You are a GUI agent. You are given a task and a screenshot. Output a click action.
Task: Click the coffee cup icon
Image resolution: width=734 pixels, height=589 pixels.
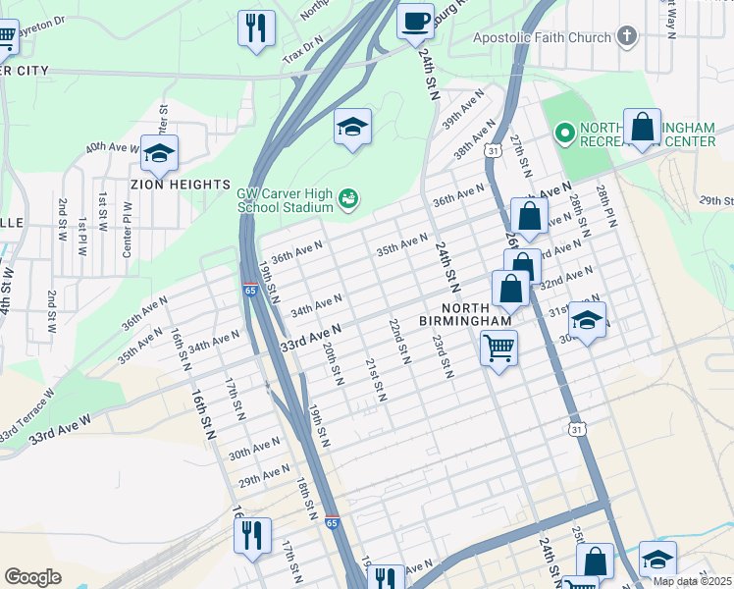coord(416,20)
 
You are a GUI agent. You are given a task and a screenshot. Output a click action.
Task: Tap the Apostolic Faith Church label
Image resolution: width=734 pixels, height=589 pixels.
coord(542,38)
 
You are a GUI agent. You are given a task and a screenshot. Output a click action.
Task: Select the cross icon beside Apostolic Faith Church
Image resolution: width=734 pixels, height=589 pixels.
coord(625,37)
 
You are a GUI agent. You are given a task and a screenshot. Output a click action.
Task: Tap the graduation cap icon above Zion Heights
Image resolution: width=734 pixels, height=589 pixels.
coord(159,152)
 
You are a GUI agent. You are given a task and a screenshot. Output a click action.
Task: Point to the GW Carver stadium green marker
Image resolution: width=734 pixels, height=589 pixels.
coord(347,201)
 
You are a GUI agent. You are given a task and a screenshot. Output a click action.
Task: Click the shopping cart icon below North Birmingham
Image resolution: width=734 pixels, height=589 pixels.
coord(498,348)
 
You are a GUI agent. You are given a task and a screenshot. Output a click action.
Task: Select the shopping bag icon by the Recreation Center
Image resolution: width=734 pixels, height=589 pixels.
coord(642,127)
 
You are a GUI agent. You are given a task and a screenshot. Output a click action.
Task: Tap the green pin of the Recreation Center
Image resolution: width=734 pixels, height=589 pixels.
coord(564,132)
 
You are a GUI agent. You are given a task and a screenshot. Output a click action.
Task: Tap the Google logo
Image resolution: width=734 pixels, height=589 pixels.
coord(32,577)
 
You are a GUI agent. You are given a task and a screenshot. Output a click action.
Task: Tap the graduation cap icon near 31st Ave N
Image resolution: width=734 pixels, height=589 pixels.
coord(587,320)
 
